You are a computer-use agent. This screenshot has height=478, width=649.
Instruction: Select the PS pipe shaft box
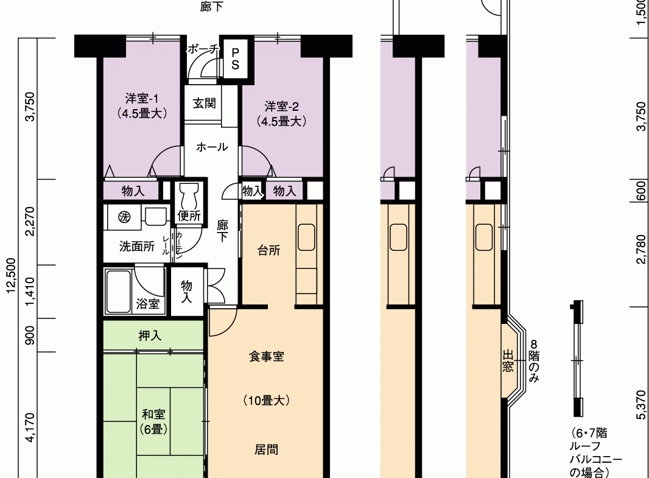point(236,58)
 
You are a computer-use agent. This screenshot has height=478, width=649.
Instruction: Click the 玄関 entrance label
point(205,103)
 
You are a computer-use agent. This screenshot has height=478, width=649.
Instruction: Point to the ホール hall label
point(212,147)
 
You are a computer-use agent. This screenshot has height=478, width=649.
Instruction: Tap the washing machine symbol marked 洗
point(124,216)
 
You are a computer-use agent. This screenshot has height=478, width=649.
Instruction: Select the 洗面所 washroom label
point(137,247)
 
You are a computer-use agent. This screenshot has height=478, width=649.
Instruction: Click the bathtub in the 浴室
point(118,291)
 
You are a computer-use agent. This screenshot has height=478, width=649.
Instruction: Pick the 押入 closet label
point(150,336)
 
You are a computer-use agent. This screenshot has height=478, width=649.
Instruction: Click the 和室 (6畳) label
point(153,422)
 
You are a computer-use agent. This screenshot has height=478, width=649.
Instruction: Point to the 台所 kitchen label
point(268,250)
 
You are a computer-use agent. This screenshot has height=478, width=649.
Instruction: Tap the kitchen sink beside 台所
point(306,237)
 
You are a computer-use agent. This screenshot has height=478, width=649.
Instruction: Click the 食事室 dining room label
point(266,356)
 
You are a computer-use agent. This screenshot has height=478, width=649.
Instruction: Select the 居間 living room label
point(266,449)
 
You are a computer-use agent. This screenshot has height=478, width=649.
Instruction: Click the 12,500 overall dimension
point(11,275)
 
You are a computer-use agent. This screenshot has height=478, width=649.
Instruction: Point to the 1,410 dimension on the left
point(30,292)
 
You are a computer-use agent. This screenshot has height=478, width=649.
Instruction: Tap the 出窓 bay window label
point(508,360)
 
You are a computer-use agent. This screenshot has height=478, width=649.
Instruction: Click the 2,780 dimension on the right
point(641,249)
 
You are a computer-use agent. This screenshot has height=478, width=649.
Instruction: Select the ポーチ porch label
point(203,49)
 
